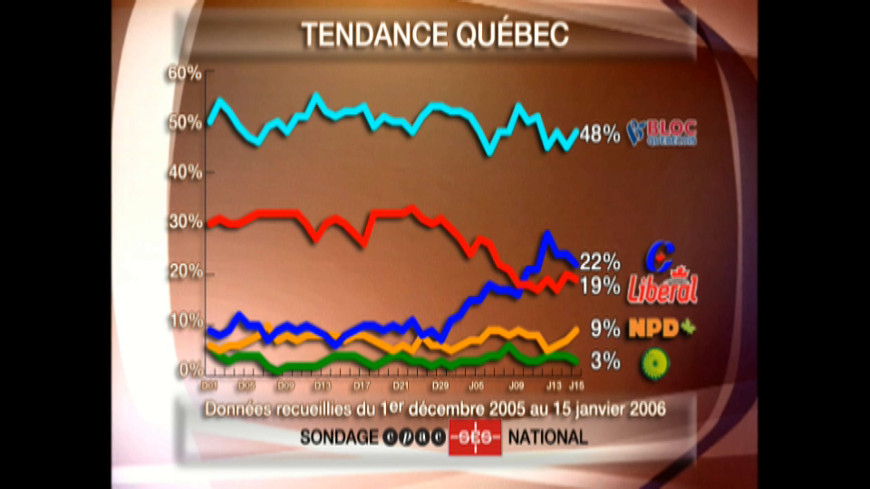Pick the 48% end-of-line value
point(600,136)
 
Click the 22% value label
point(600,263)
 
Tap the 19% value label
point(600,288)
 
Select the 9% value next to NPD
point(605,328)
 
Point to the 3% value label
point(605,361)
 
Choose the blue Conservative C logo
point(664,254)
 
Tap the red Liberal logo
point(662,288)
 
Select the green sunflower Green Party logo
point(652,362)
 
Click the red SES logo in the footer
point(475,437)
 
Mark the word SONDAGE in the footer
point(339,437)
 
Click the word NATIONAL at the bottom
point(547,437)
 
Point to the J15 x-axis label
point(575,386)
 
